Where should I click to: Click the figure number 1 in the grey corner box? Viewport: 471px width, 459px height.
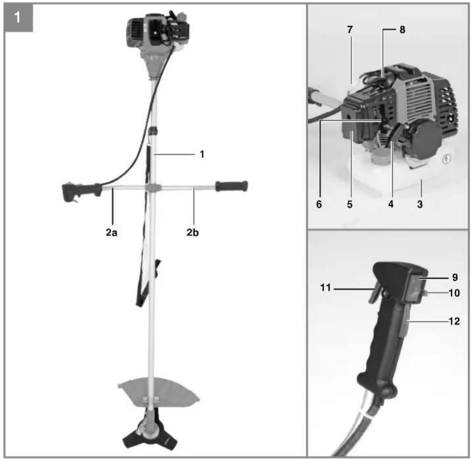point(17,17)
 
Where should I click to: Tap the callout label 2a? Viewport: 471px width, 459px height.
point(111,232)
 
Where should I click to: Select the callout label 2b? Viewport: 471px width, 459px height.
point(193,232)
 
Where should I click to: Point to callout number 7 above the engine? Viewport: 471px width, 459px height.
point(350,29)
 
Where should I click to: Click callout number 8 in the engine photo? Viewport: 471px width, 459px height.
point(402,29)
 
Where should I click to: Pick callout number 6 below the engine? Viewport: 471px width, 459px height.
point(319,204)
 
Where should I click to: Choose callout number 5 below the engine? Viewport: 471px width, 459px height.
point(350,204)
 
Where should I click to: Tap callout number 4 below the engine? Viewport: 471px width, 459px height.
point(391,204)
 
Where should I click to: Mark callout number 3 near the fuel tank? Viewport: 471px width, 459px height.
point(420,204)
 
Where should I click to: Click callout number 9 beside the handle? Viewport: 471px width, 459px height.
point(455,277)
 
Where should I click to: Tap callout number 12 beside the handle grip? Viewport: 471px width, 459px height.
point(454,321)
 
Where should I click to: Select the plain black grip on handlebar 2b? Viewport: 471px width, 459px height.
point(231,186)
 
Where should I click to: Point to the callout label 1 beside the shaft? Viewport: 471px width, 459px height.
point(202,154)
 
